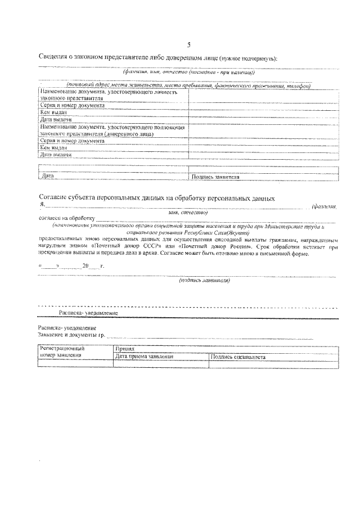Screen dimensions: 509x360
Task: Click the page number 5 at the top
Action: pyautogui.click(x=189, y=44)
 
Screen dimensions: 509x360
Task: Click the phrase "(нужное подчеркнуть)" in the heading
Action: pyautogui.click(x=250, y=58)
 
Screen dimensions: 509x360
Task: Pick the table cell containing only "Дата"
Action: pyautogui.click(x=47, y=177)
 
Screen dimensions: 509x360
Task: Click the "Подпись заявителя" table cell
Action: pyautogui.click(x=216, y=177)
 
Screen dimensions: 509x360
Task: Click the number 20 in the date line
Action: pyautogui.click(x=85, y=265)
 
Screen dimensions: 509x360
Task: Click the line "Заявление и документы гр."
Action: pyautogui.click(x=71, y=334)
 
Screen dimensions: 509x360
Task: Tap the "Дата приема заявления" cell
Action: pyautogui.click(x=144, y=356)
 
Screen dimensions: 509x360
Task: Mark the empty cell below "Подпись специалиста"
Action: pyautogui.click(x=273, y=364)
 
